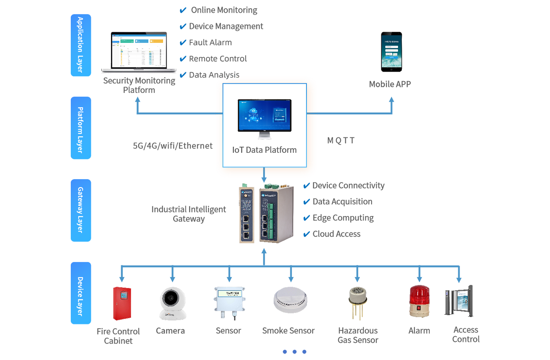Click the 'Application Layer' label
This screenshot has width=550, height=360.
pos(80,44)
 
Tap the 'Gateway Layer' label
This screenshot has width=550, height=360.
pos(80,210)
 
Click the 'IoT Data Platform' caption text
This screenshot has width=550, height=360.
pos(265,150)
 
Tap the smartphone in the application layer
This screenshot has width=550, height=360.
pos(391,51)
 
